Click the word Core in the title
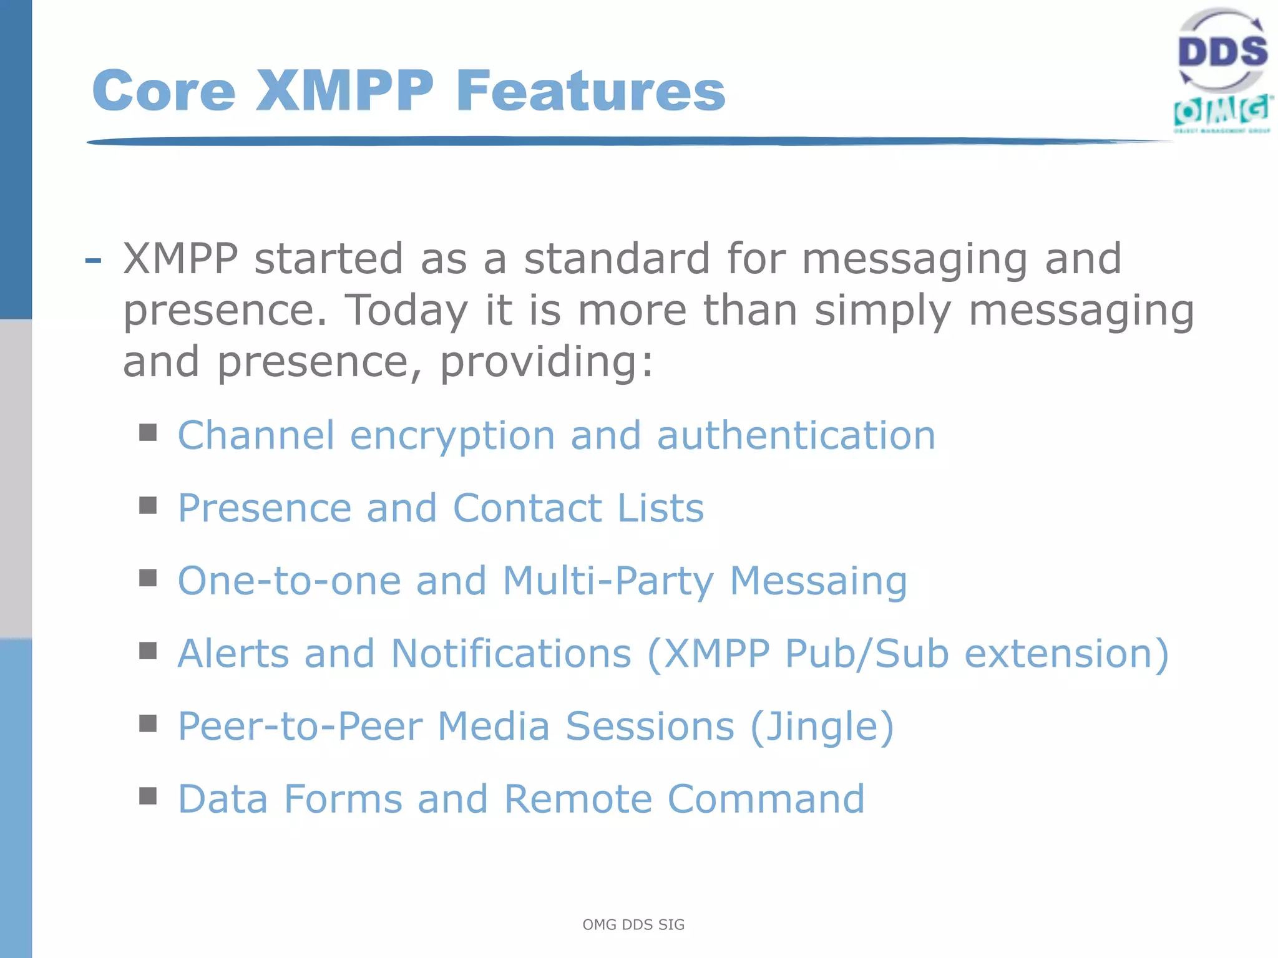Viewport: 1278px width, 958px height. (x=163, y=91)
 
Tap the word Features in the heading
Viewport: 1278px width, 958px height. (x=590, y=91)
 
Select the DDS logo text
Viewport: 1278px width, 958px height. (x=1222, y=51)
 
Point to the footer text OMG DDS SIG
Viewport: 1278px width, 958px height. (x=633, y=924)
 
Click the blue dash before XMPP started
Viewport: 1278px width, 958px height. (x=93, y=260)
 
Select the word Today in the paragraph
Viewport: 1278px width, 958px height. (x=406, y=310)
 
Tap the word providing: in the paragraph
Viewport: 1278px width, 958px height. (x=547, y=362)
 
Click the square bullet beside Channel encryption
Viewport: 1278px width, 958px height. (x=148, y=432)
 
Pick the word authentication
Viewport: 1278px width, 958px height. (x=796, y=435)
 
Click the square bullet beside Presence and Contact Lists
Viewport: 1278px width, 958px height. (x=148, y=505)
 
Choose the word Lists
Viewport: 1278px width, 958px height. (x=661, y=508)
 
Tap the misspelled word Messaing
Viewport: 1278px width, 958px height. (x=818, y=581)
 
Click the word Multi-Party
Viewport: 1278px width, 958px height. (x=608, y=581)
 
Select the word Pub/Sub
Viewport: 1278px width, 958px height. (x=867, y=654)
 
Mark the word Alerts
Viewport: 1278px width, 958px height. (x=233, y=654)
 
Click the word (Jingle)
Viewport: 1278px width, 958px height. (x=822, y=727)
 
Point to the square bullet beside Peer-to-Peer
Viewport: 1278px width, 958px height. (x=148, y=723)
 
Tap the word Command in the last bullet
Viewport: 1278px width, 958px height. (x=766, y=799)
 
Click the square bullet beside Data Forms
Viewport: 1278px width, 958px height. (x=148, y=796)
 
